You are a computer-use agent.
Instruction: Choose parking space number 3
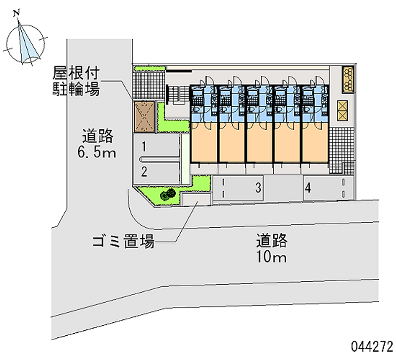tap(257, 188)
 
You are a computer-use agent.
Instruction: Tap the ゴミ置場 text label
tap(123, 242)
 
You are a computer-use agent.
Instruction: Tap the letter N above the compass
tap(17, 12)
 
